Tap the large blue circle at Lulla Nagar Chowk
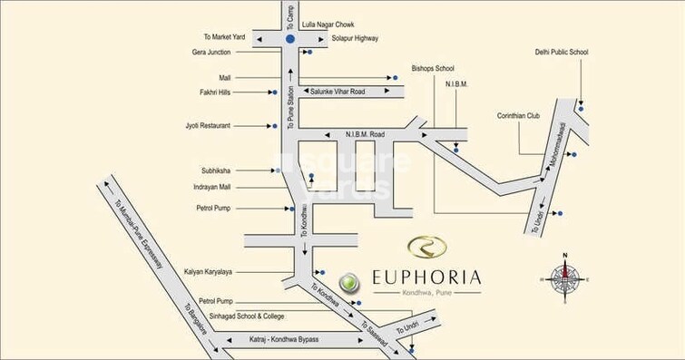point(290,39)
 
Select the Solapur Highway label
point(354,38)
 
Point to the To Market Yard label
point(224,37)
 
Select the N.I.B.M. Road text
point(365,134)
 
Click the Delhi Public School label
point(562,54)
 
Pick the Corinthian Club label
point(520,115)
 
